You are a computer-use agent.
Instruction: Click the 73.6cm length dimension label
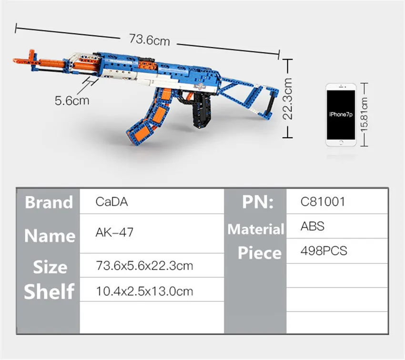pos(149,40)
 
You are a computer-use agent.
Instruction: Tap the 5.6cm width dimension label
pos(72,100)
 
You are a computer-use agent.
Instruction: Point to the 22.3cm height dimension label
pos(287,99)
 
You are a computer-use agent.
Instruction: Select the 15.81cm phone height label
pos(364,115)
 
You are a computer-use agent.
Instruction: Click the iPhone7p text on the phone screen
pos(341,114)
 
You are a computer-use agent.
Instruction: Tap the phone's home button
pos(341,142)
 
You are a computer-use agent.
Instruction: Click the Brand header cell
pos(49,202)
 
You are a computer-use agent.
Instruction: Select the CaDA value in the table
pos(111,201)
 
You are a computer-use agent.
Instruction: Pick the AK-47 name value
pos(114,232)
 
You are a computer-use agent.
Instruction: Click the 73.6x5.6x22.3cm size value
pos(144,266)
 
